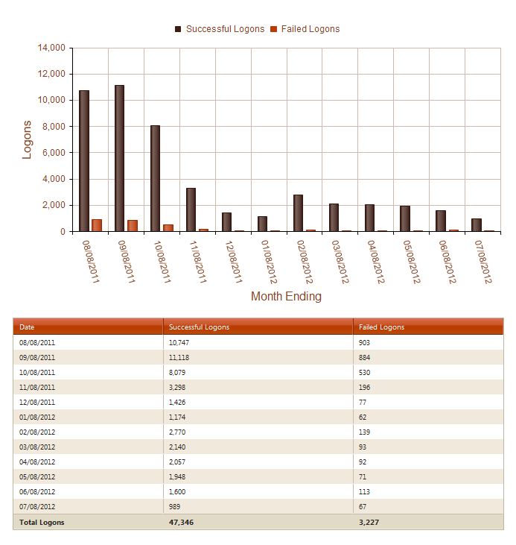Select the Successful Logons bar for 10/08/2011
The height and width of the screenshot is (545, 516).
click(155, 178)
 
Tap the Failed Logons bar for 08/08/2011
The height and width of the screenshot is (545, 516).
click(97, 225)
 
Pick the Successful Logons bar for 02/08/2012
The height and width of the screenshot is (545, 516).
click(298, 213)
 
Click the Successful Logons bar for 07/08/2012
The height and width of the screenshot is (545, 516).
click(477, 225)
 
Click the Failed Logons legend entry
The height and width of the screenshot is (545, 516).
click(305, 29)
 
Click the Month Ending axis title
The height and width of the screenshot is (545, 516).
click(286, 296)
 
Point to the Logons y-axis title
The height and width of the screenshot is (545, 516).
click(28, 139)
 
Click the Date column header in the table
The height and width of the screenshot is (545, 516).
click(27, 327)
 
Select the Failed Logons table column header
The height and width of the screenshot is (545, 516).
click(381, 327)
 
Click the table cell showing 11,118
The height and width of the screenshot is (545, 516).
click(179, 357)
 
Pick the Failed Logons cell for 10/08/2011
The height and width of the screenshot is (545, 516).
click(366, 372)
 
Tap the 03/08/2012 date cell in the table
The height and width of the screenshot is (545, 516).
click(37, 447)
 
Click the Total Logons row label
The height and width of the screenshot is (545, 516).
click(42, 522)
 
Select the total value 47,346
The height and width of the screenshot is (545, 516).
click(183, 522)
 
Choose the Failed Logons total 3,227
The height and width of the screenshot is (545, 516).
click(371, 522)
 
